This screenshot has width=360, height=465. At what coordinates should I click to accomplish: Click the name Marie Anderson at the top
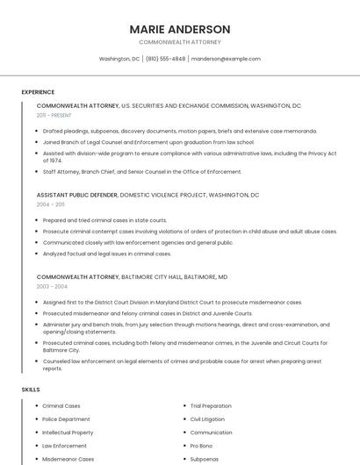180,29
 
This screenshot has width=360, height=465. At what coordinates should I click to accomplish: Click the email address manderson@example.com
226,59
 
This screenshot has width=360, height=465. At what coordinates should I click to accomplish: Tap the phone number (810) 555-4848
166,59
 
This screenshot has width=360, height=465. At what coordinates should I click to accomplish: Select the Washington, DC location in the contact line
119,59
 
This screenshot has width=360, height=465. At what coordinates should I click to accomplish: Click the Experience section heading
38,91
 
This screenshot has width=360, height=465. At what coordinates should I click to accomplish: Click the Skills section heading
31,389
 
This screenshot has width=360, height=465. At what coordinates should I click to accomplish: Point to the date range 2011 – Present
54,115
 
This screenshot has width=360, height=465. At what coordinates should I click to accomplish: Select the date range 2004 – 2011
51,204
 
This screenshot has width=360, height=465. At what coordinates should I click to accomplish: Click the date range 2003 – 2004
52,286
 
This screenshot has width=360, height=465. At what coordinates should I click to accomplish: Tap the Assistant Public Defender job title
76,195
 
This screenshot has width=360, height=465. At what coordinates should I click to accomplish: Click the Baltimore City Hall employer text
174,276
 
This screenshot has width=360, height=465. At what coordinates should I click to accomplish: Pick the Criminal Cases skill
61,406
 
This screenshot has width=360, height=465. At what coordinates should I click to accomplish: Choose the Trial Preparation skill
211,406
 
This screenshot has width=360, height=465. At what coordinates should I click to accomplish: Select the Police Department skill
66,419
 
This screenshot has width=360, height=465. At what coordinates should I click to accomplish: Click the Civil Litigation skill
208,419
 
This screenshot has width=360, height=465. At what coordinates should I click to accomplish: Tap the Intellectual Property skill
68,433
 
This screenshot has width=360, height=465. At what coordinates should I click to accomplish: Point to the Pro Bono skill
200,446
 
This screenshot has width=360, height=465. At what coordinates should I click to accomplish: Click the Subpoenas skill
204,459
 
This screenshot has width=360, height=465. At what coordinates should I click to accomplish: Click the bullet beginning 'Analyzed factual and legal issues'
106,254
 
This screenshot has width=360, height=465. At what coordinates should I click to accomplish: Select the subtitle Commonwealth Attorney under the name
180,42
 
